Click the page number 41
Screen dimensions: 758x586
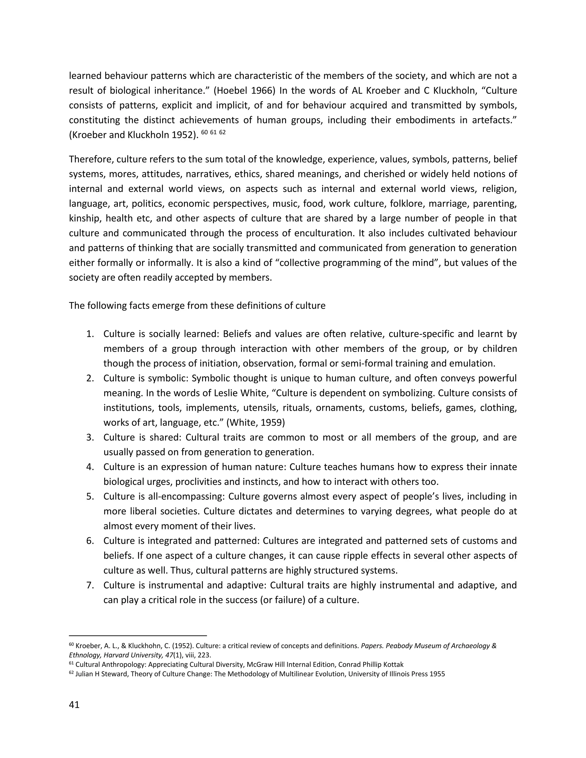tap(74, 705)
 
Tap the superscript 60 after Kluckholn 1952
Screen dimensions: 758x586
tap(204, 132)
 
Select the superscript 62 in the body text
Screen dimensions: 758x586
tap(222, 132)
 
